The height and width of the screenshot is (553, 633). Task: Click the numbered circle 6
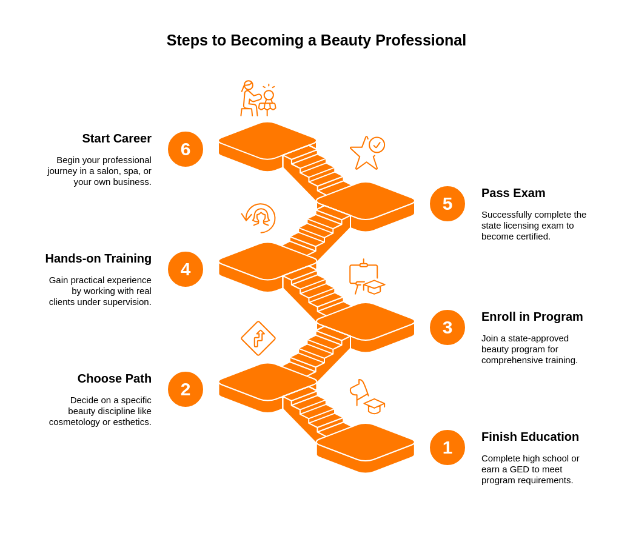186,149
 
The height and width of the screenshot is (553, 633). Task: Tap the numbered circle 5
447,204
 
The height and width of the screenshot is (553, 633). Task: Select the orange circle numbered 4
186,269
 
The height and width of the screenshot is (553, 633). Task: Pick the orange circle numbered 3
447,327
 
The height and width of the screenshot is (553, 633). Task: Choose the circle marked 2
186,389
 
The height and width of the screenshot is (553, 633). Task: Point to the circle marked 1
447,447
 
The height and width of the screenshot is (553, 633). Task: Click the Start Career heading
116,138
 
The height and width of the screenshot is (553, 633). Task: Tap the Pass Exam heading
513,193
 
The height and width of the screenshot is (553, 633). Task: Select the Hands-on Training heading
98,258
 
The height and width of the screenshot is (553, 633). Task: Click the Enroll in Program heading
532,317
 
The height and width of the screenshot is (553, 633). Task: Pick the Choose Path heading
114,378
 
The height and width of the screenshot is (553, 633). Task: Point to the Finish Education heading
530,437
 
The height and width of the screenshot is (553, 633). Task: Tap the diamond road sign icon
258,338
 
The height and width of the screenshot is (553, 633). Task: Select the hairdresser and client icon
258,98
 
